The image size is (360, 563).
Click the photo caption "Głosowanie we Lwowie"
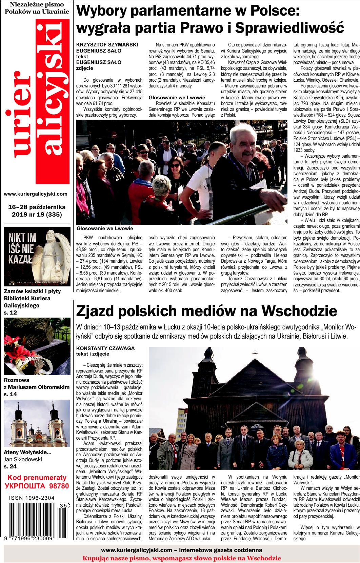pyautogui.click(x=105, y=228)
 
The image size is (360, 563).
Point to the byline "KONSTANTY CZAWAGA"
pyautogui.click(x=105, y=348)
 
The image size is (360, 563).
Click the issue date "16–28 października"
pyautogui.click(x=37, y=206)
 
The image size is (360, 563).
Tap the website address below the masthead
pyautogui.click(x=36, y=194)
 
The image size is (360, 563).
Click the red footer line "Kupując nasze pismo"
pyautogui.click(x=182, y=558)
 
